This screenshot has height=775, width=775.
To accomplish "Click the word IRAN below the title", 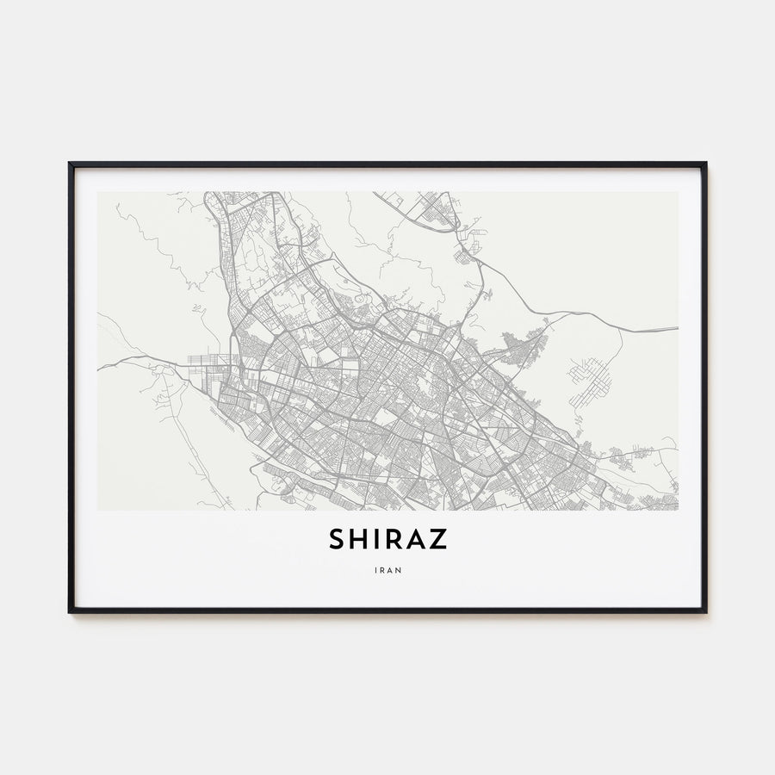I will coord(387,569).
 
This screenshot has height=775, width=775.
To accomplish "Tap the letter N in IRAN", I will coord(398,569).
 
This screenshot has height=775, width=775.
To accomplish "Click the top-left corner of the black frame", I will coord(70,163).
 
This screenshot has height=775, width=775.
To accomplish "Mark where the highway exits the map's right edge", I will coord(677,328).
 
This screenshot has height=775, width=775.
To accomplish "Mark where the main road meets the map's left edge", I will coord(98,369).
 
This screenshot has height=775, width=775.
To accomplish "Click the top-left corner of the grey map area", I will coord(97,192).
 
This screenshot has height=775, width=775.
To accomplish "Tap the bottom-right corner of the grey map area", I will coord(678,510).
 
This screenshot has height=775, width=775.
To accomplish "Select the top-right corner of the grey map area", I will coord(678,192).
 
